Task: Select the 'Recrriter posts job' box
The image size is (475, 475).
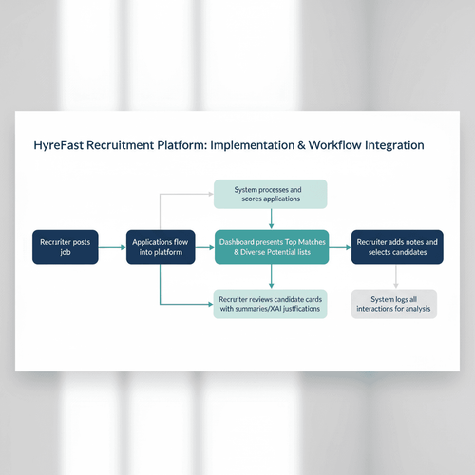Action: pos(65,247)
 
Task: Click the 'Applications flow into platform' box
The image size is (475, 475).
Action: pos(160,247)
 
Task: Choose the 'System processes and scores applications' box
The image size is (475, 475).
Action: pos(271,194)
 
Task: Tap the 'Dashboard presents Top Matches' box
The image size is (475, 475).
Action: pos(271,247)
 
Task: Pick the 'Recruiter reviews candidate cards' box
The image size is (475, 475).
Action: pos(271,303)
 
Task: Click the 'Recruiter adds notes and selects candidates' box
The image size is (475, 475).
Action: pos(396,247)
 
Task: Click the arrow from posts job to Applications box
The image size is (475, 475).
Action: pos(112,247)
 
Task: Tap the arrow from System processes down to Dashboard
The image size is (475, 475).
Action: pos(271,218)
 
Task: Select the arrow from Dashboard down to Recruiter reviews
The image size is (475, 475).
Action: pos(271,275)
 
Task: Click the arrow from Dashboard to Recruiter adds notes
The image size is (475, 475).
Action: pos(339,247)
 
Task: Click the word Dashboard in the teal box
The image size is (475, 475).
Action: pos(241,241)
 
